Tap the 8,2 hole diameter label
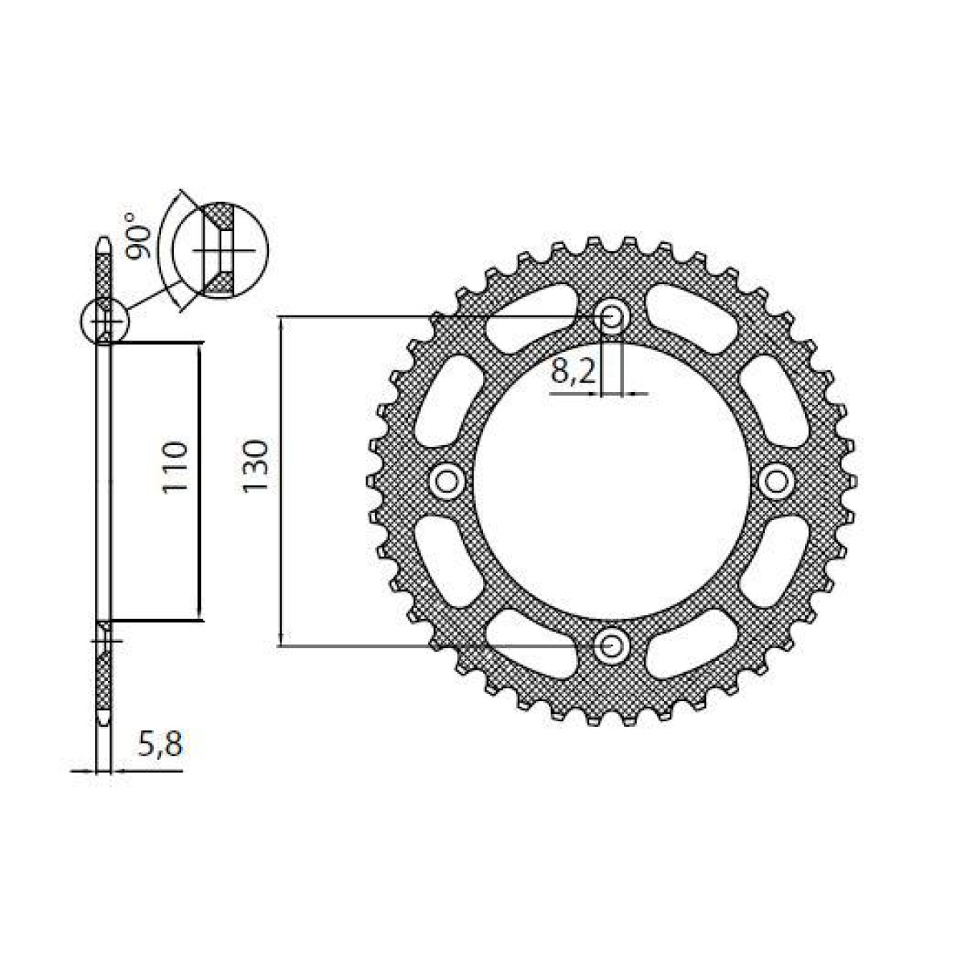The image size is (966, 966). [x=573, y=371]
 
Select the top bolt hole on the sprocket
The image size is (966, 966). [x=612, y=318]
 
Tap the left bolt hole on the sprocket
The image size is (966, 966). [x=448, y=481]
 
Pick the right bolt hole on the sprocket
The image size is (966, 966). [x=776, y=481]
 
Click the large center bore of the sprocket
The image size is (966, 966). [x=612, y=481]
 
